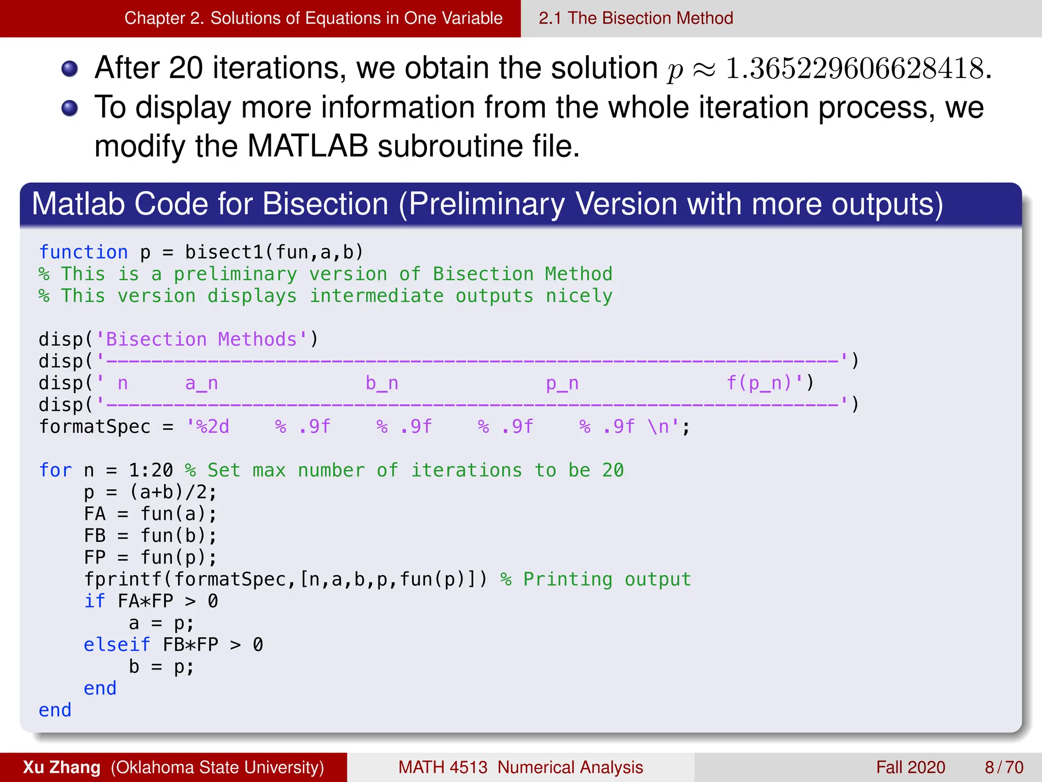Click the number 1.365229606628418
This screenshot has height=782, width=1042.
coord(855,68)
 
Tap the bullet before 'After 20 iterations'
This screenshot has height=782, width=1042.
coord(70,69)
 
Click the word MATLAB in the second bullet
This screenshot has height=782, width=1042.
coord(307,147)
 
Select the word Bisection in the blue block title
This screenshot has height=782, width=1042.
coord(326,204)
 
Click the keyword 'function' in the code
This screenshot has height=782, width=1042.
coord(83,252)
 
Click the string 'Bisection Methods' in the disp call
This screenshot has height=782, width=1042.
coord(201,339)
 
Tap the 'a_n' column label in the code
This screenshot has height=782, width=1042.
coord(201,383)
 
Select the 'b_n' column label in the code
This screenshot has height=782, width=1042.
coord(382,383)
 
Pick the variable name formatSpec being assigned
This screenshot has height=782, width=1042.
coord(95,427)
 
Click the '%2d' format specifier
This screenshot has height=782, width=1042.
coord(213,427)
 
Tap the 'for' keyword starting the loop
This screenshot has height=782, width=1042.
coord(55,470)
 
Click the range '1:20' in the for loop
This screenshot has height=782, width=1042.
coord(151,470)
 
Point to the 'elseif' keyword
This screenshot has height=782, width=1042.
coord(117,645)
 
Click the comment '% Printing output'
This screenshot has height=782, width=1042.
coord(595,579)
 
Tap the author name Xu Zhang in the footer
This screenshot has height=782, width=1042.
coord(62,767)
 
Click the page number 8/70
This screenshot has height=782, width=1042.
coord(1004,767)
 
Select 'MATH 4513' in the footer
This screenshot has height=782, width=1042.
coord(443,767)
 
